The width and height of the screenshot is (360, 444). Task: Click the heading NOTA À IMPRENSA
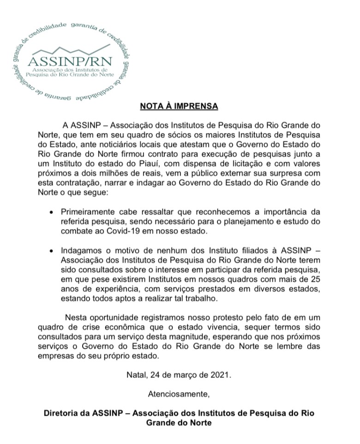pos(179,106)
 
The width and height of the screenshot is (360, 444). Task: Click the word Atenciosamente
pos(179,394)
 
